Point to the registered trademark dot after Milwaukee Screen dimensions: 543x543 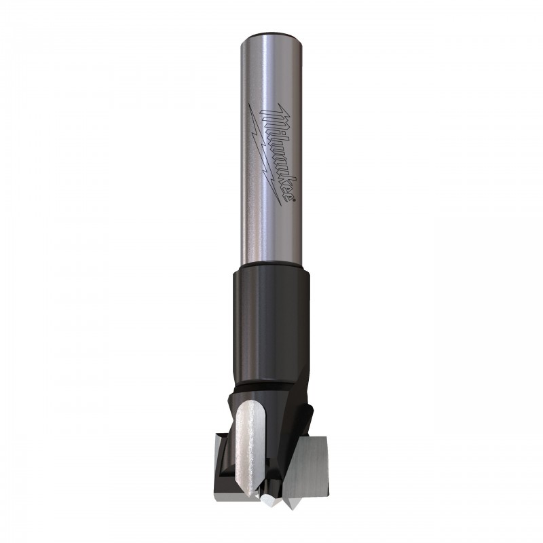point(294,200)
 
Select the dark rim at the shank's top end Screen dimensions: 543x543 point(271,35)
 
